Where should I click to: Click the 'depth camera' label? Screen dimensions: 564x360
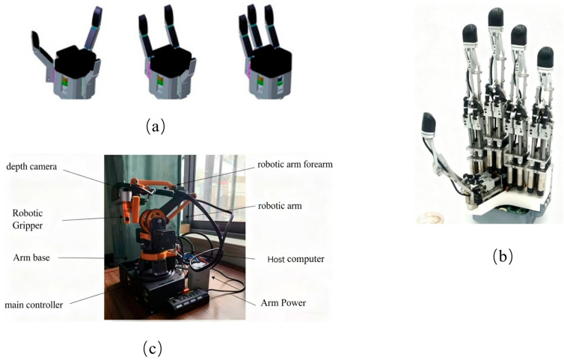[x=31, y=167]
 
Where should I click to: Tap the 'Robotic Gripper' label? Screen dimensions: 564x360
[x=28, y=219]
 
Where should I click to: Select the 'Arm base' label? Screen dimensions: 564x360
[x=31, y=257]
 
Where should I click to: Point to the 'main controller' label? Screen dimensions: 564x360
[x=34, y=305]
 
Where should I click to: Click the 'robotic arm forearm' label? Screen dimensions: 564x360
[x=295, y=165]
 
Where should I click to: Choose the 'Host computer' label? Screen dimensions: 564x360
[x=295, y=259]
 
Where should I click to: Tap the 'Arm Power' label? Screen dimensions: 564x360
[x=283, y=303]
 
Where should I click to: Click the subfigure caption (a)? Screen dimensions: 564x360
[x=156, y=126]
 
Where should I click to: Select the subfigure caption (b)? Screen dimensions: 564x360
[x=503, y=257]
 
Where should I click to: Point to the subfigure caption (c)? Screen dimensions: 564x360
[x=153, y=348]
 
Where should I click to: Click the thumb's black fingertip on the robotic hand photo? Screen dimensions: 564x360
[x=429, y=123]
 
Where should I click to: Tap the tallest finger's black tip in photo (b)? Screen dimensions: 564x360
[x=496, y=16]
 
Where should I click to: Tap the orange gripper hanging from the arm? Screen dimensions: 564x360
[x=130, y=210]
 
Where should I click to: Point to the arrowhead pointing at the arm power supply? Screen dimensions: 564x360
[x=215, y=278]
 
